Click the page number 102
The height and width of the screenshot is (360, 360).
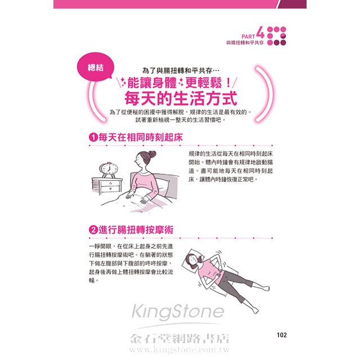pos(282,335)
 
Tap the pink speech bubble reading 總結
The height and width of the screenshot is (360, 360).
pos(95,67)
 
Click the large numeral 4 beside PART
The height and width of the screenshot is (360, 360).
pos(260,32)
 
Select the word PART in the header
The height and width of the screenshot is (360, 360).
pos(248,36)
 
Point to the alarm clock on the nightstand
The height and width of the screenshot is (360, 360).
pos(109,169)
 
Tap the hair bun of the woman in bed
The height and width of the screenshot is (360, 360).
pos(152,154)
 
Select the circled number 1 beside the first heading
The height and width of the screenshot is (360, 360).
pos(93,137)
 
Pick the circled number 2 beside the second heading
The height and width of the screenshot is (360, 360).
pos(93,229)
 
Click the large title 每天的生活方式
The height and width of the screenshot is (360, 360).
pos(181,98)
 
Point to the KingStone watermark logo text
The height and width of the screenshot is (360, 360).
pos(178,312)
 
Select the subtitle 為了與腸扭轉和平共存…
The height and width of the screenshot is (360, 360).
pos(181,70)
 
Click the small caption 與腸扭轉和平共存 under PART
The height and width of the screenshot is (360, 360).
pos(245,43)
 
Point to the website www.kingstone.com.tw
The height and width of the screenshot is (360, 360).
pos(179,349)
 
